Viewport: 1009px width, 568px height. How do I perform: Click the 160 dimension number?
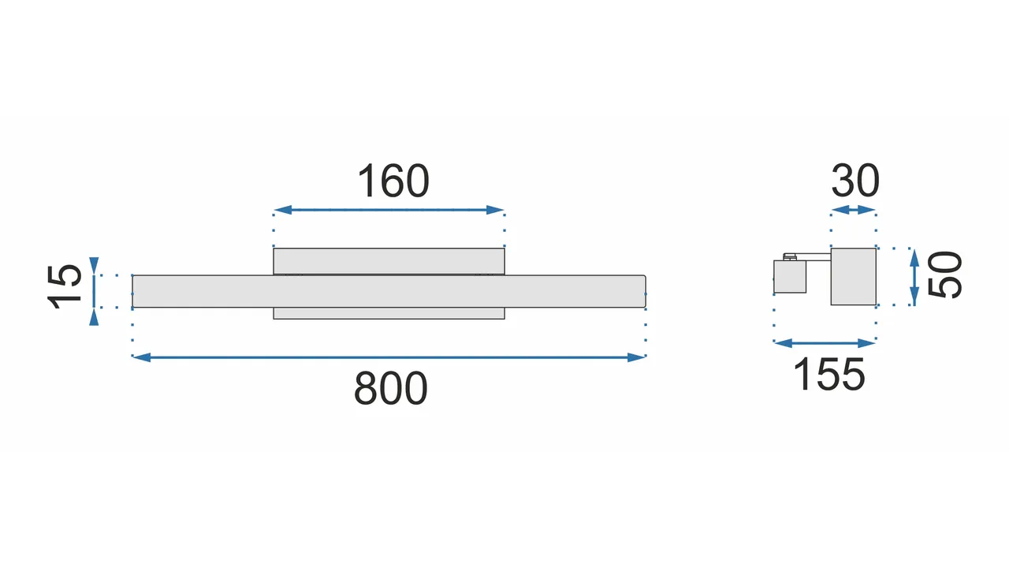point(393,181)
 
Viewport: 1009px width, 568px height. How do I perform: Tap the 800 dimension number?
point(390,388)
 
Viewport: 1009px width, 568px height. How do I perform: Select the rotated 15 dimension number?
point(64,287)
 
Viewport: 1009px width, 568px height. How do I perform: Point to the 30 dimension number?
point(855,181)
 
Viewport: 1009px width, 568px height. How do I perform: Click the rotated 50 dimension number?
point(944,275)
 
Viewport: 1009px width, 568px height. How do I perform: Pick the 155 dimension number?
point(828,375)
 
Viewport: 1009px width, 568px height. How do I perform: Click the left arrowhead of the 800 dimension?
point(141,357)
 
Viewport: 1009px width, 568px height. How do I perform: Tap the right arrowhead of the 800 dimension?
point(636,357)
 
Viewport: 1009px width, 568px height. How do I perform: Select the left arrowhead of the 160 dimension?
point(282,210)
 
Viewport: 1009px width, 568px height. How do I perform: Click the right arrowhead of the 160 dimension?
point(495,210)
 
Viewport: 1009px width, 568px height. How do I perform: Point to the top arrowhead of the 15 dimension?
point(94,265)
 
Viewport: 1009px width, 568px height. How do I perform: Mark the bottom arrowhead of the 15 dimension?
point(94,317)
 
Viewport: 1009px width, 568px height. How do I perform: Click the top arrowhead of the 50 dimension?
point(914,257)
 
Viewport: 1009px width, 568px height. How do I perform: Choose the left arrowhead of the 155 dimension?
point(783,343)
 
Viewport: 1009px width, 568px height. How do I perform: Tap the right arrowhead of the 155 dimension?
point(866,343)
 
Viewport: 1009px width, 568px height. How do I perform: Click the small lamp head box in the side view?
point(790,276)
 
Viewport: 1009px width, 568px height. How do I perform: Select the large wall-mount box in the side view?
point(854,276)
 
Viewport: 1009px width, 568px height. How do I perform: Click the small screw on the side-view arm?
point(790,257)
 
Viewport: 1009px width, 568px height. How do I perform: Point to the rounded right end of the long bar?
point(644,291)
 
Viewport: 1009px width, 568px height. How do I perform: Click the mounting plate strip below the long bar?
point(389,313)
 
